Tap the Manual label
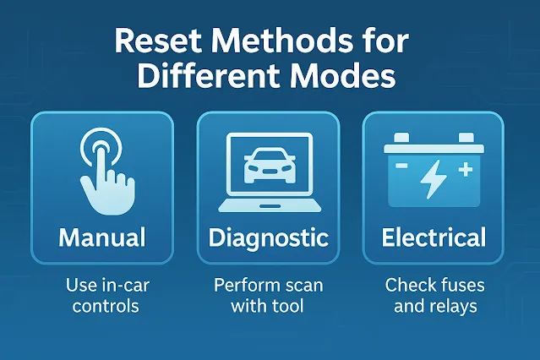(x=101, y=237)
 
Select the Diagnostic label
(x=270, y=237)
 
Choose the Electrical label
(x=434, y=237)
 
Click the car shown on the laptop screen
(x=269, y=163)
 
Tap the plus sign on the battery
(x=464, y=170)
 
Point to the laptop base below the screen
(x=269, y=205)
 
